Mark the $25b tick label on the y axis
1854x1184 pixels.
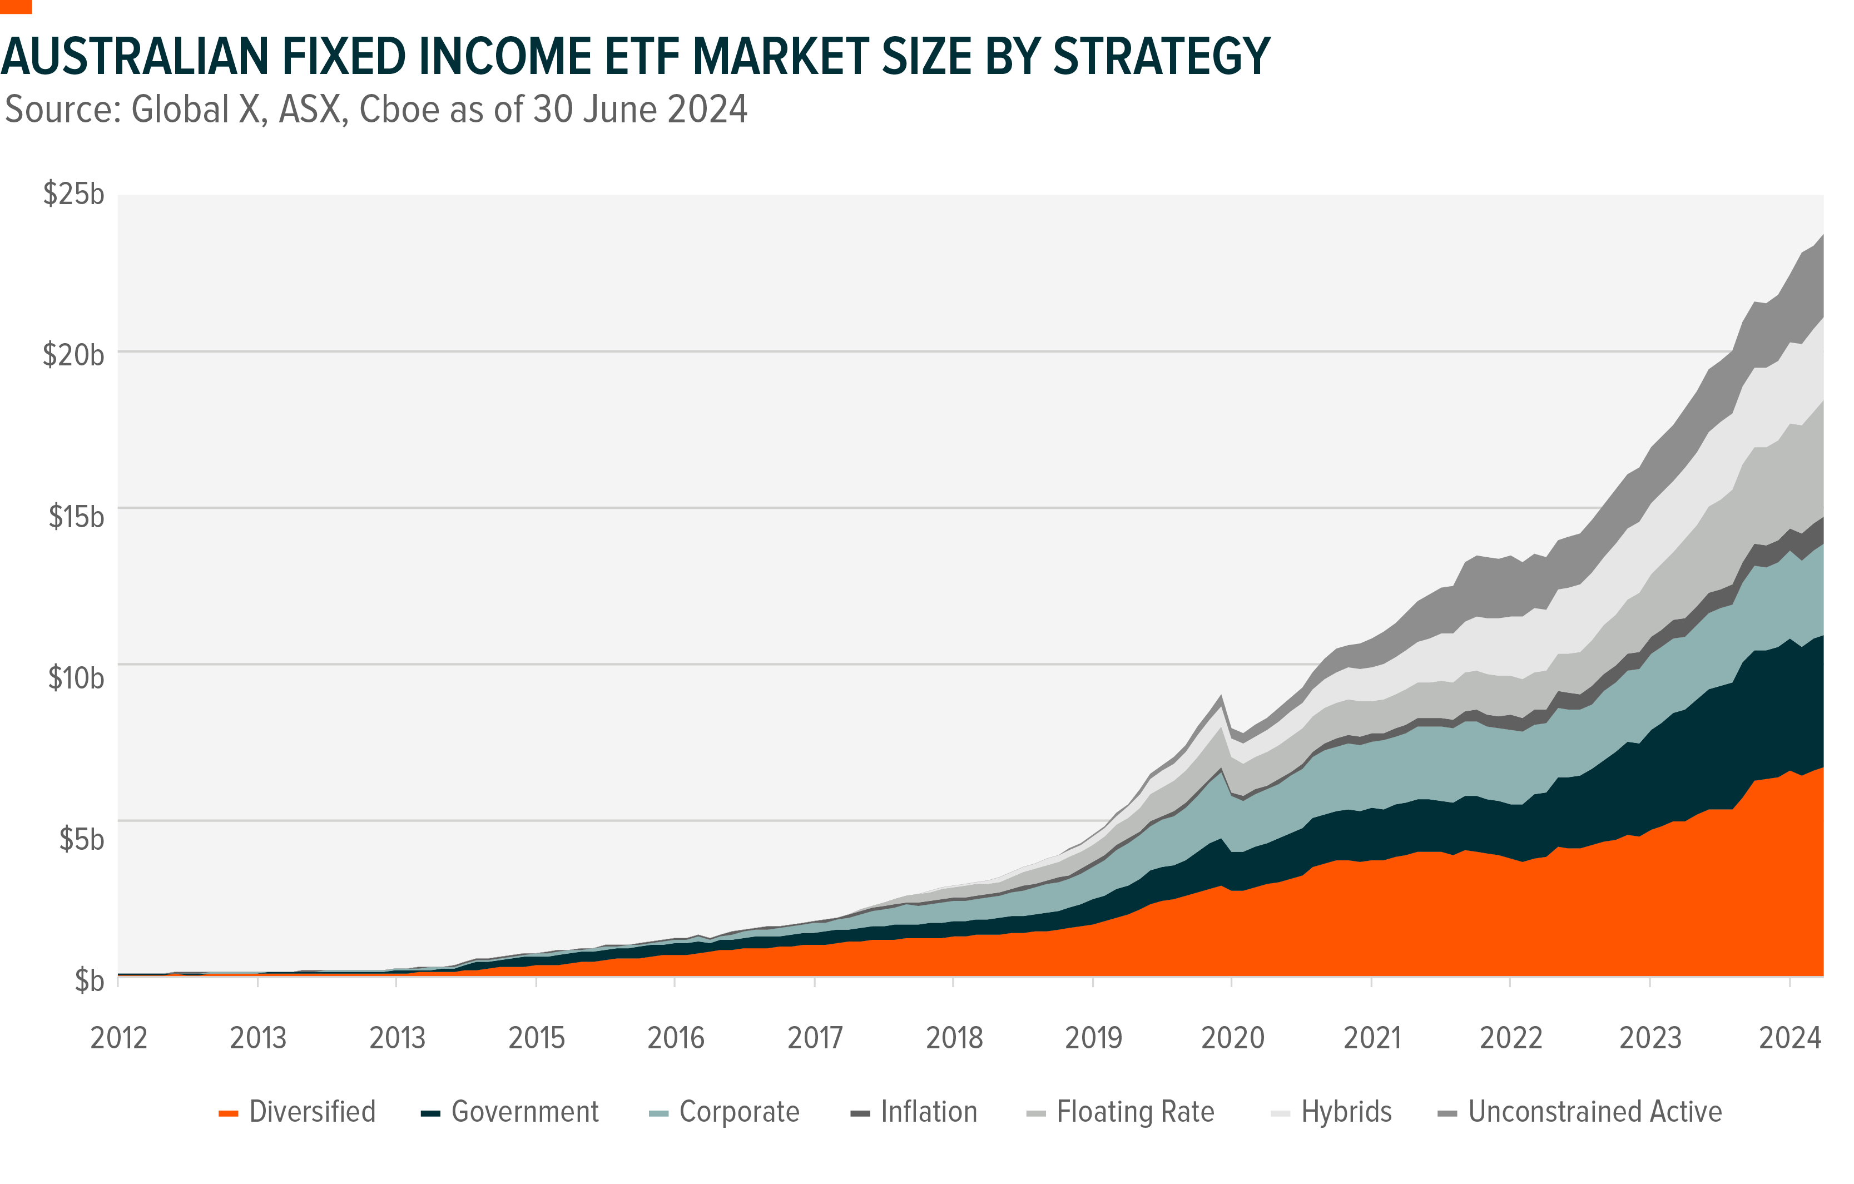74,194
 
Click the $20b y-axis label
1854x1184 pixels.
74,355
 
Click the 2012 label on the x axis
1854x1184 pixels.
118,1038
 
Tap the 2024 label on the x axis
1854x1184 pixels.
1790,1038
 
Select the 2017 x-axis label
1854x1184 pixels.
815,1038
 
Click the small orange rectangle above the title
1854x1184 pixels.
16,6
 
